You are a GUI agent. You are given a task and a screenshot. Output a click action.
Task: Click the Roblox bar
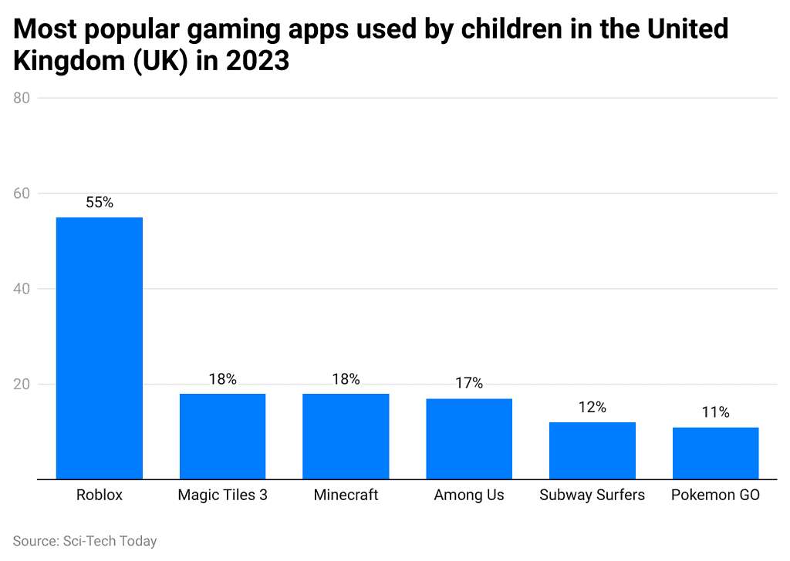99,348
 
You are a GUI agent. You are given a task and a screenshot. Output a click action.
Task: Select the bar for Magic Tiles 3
222,436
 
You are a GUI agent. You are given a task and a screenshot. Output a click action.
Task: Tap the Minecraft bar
346,436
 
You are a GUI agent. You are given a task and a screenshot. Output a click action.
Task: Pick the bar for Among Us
469,438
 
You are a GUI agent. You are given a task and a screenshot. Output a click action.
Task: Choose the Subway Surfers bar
592,451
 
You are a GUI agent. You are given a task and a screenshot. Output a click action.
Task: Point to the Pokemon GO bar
715,453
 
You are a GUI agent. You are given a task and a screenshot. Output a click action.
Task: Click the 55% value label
99,203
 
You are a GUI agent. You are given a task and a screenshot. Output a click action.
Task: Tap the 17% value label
469,383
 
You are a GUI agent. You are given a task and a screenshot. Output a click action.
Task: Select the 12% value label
592,407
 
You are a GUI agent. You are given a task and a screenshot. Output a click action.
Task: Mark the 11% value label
715,412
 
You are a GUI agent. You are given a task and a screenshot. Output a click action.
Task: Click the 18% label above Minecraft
346,379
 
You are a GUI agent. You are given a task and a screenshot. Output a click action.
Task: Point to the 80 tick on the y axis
22,98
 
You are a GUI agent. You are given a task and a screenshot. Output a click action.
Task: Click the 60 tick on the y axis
22,193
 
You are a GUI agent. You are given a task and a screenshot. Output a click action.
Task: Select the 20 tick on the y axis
22,385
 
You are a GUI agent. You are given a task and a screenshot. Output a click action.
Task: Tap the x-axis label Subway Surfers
592,495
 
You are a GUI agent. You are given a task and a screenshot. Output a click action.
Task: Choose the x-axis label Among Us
469,495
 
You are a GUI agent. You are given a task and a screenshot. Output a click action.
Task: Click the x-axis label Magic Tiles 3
222,495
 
